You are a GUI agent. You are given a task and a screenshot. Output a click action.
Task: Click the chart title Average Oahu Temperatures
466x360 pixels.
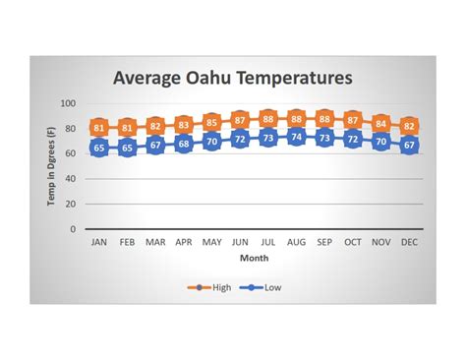click(232, 78)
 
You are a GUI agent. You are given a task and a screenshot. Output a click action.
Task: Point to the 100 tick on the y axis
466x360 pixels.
click(69, 104)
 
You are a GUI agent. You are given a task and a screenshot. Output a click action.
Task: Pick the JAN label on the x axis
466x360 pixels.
click(98, 242)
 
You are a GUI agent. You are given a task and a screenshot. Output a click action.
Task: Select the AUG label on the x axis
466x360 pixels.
click(296, 242)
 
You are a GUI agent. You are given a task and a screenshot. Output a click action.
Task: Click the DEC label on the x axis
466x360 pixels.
click(410, 242)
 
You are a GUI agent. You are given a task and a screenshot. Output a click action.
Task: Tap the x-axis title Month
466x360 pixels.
click(254, 258)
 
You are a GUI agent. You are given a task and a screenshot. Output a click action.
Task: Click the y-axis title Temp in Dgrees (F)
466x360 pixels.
click(51, 166)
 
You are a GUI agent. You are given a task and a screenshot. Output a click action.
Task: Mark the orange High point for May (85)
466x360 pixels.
click(211, 123)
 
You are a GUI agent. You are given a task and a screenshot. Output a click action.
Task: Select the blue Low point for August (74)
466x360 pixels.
click(296, 137)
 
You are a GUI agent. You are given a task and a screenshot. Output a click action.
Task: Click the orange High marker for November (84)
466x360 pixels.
click(381, 124)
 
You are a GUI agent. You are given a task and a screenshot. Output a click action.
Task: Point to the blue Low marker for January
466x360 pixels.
click(98, 148)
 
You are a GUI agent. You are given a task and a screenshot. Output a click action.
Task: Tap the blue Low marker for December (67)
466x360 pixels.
click(410, 146)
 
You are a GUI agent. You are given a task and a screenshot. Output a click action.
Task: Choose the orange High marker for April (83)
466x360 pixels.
click(183, 125)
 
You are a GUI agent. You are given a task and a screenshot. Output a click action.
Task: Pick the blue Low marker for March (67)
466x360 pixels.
click(155, 146)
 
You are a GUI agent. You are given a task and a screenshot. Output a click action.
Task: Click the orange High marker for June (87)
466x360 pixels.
click(240, 120)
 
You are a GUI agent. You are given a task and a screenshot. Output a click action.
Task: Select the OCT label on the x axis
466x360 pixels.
click(353, 242)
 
